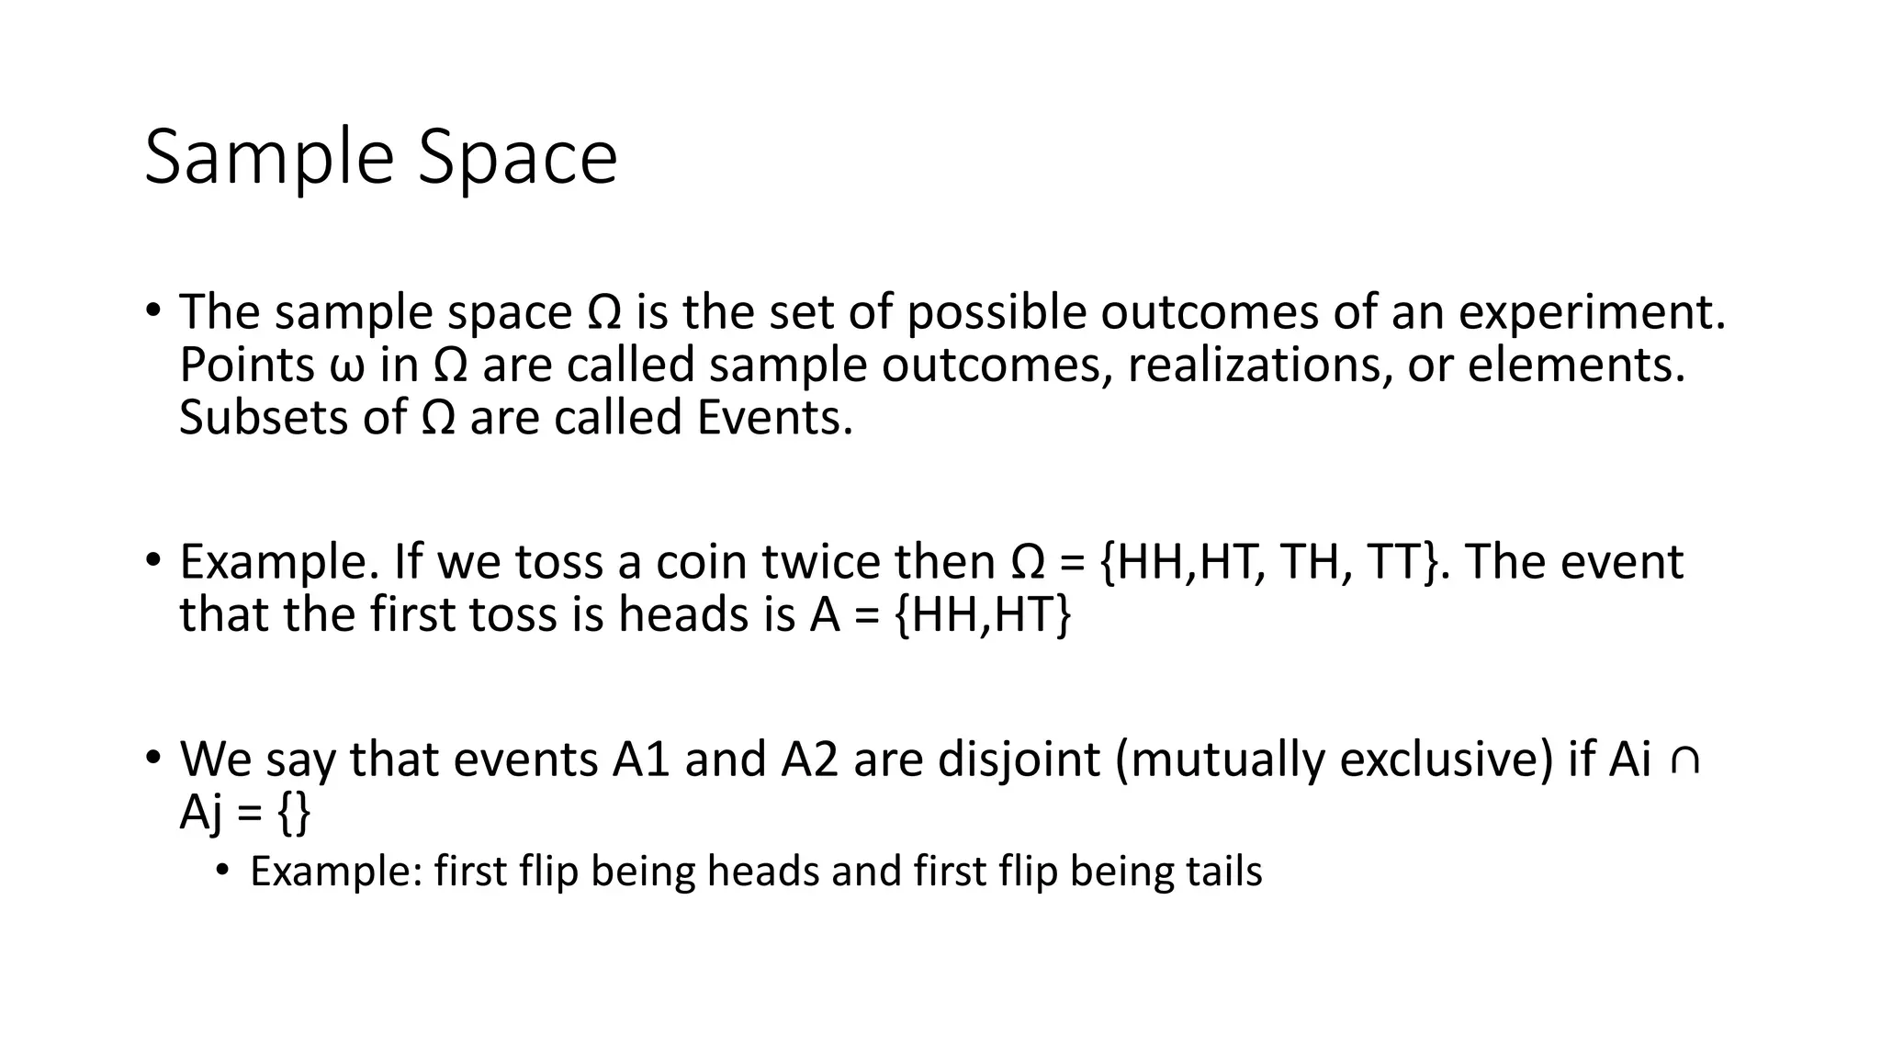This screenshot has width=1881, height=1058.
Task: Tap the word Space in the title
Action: click(x=518, y=159)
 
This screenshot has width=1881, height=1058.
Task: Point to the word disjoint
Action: click(x=1018, y=760)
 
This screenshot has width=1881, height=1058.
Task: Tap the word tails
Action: click(x=1223, y=871)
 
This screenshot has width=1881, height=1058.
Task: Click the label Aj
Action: click(x=201, y=813)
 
